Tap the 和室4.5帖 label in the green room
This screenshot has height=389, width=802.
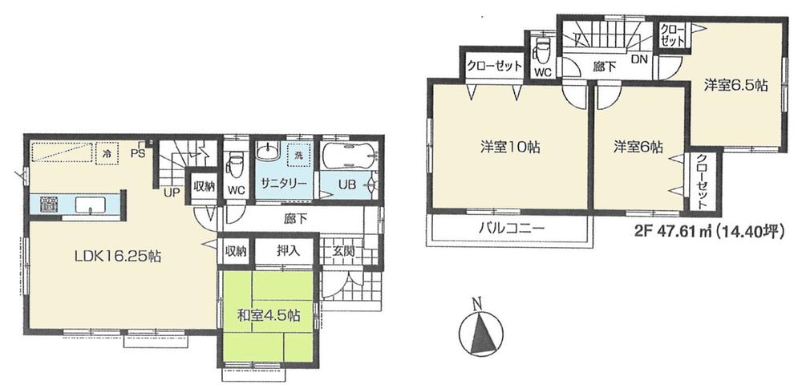pos(269,315)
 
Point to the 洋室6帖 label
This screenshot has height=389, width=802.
pos(638,147)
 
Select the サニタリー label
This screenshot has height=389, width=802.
pos(282,184)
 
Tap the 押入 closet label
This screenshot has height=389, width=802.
pos(289,251)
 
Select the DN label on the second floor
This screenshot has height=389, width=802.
pos(638,59)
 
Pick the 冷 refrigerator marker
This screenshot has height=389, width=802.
pos(106,149)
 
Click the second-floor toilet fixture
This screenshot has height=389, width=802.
pos(542,49)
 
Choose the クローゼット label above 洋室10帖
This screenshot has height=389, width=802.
pos(495,66)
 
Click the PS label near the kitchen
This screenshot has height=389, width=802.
pos(138,151)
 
